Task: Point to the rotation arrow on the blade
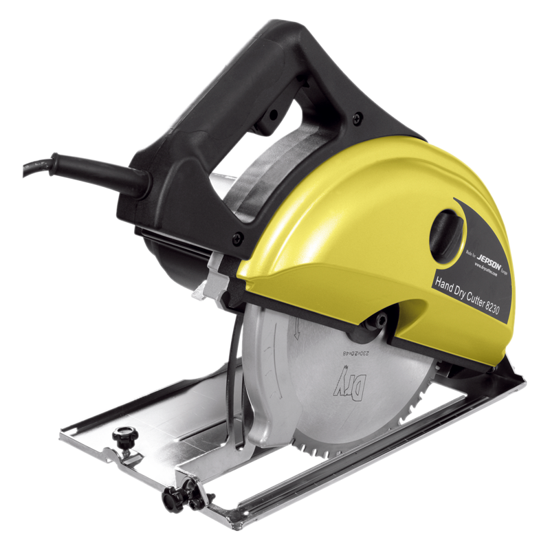tap(295, 331)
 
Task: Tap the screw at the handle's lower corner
tap(238, 238)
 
